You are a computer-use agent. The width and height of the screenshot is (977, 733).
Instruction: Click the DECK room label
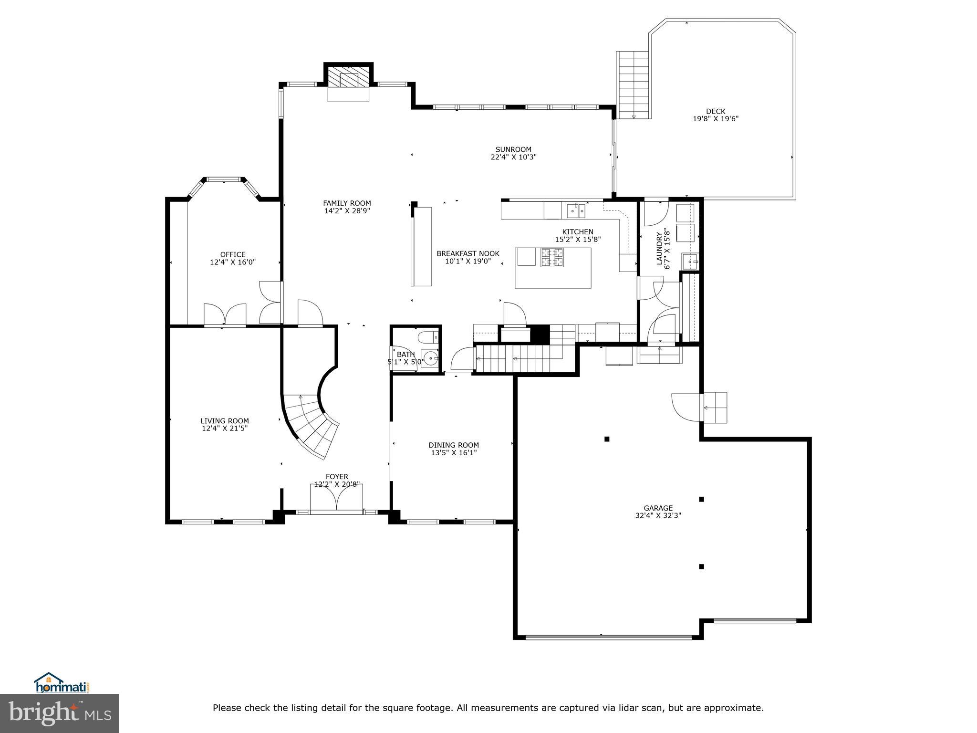pyautogui.click(x=715, y=112)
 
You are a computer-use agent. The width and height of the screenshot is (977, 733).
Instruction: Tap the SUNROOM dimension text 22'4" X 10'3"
pyautogui.click(x=513, y=157)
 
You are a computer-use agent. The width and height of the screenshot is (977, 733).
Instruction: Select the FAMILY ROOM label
pyautogui.click(x=347, y=203)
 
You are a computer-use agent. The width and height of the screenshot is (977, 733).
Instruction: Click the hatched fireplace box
pyautogui.click(x=348, y=76)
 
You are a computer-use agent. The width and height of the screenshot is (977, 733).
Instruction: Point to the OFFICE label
pyautogui.click(x=233, y=255)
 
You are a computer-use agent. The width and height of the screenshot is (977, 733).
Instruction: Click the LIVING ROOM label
pyautogui.click(x=224, y=421)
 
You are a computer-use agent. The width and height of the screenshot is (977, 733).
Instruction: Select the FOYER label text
pyautogui.click(x=337, y=477)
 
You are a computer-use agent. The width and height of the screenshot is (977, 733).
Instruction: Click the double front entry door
pyautogui.click(x=337, y=499)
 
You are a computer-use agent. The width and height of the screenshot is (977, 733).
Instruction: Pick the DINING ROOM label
pyautogui.click(x=454, y=445)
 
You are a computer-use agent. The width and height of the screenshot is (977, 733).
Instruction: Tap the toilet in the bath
pyautogui.click(x=426, y=338)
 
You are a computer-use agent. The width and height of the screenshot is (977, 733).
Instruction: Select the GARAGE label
pyautogui.click(x=658, y=508)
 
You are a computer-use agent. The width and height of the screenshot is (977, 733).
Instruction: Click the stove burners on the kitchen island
pyautogui.click(x=552, y=258)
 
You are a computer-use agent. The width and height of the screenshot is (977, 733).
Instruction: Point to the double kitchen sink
pyautogui.click(x=576, y=209)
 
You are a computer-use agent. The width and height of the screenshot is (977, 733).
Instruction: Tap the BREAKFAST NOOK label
pyautogui.click(x=468, y=253)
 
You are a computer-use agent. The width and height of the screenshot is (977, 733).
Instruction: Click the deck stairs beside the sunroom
pyautogui.click(x=634, y=85)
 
